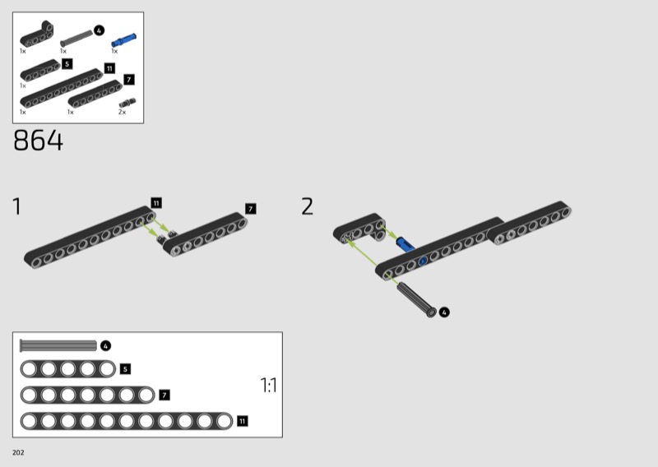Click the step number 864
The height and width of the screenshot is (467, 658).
(38, 140)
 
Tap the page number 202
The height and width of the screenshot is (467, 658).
(18, 452)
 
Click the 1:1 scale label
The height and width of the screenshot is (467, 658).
(269, 385)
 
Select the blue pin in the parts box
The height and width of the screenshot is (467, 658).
(123, 39)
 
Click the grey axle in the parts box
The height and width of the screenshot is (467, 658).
(76, 37)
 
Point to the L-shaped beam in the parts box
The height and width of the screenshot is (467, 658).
(37, 35)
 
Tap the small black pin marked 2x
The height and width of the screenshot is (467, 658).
(127, 103)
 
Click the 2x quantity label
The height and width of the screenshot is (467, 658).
(122, 112)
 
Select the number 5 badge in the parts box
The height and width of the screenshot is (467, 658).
(67, 64)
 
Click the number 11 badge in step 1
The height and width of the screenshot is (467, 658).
(156, 203)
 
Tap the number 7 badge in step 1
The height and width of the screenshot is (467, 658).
(251, 209)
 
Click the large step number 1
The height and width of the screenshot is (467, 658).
(16, 206)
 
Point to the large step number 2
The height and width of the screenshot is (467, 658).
(307, 206)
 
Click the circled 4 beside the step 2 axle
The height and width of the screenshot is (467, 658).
(444, 312)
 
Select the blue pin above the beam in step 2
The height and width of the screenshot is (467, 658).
(405, 244)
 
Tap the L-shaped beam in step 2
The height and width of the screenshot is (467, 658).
(360, 229)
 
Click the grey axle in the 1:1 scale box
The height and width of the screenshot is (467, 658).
(58, 346)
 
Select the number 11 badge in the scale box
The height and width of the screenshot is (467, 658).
(242, 421)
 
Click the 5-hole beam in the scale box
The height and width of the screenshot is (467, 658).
(68, 369)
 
